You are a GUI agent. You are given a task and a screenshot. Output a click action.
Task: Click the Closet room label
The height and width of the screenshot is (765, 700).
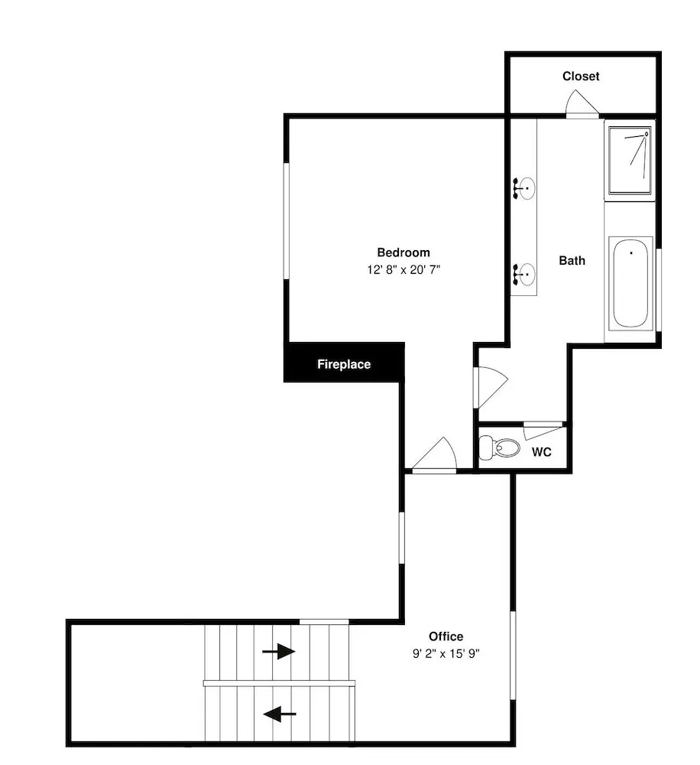[581, 76]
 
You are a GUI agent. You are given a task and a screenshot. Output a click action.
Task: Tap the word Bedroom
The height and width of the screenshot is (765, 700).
[403, 252]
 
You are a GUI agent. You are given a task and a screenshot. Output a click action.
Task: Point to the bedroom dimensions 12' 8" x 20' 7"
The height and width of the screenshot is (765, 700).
[403, 269]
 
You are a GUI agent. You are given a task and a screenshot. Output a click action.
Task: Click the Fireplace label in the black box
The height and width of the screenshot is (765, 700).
[344, 364]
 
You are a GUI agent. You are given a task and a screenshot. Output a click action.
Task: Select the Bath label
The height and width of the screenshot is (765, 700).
[572, 261]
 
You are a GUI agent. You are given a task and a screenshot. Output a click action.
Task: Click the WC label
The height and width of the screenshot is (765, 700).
[542, 452]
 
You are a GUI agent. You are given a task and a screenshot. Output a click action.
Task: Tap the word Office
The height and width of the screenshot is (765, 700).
[446, 636]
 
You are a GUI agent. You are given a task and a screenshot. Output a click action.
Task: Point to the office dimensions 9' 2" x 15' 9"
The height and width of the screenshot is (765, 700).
[446, 653]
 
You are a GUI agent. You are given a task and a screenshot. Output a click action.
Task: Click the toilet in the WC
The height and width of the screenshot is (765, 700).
[499, 447]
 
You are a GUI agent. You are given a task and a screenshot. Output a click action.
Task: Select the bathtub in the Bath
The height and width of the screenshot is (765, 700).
[630, 283]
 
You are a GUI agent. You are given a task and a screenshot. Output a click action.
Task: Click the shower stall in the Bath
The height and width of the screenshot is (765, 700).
[630, 161]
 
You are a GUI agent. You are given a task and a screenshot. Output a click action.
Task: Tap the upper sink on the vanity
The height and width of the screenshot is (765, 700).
[524, 188]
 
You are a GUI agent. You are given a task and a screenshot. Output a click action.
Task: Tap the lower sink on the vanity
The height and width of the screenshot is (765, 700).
[524, 275]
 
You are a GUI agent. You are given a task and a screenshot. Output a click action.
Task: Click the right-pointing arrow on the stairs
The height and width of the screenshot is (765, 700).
[278, 651]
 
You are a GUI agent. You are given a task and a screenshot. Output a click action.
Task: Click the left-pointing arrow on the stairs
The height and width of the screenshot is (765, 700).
[280, 714]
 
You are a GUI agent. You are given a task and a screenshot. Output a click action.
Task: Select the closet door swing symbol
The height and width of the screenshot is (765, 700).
[582, 103]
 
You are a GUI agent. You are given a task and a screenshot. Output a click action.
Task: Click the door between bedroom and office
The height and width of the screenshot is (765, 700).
[434, 455]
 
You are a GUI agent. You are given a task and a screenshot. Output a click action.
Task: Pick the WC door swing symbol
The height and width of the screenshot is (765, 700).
[543, 431]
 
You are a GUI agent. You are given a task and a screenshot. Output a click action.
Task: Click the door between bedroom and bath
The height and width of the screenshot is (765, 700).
[491, 387]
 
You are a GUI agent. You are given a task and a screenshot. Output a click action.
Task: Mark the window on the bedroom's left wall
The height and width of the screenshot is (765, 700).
[287, 221]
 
